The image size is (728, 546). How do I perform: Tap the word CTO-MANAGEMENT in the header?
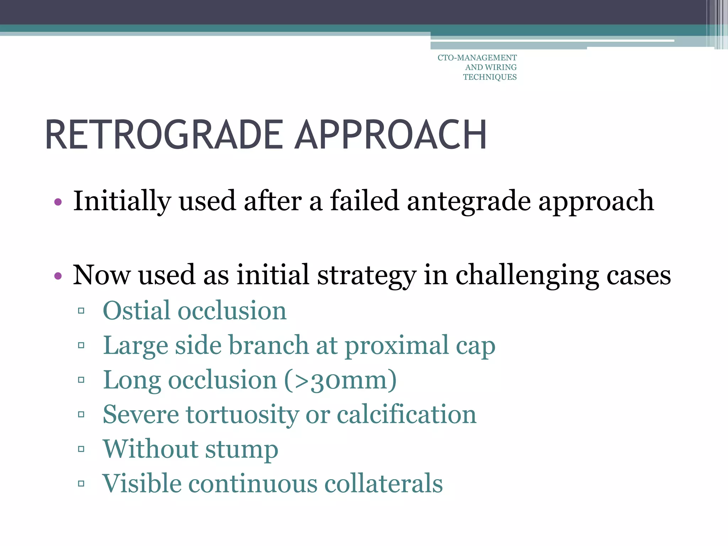477,58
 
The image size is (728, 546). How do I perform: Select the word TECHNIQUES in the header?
489,77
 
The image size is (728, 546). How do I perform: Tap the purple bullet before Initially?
58,202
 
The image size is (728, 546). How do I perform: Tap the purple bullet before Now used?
58,275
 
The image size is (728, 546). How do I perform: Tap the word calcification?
406,414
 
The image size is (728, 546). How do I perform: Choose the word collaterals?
384,484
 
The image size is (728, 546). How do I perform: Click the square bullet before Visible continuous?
81,484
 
